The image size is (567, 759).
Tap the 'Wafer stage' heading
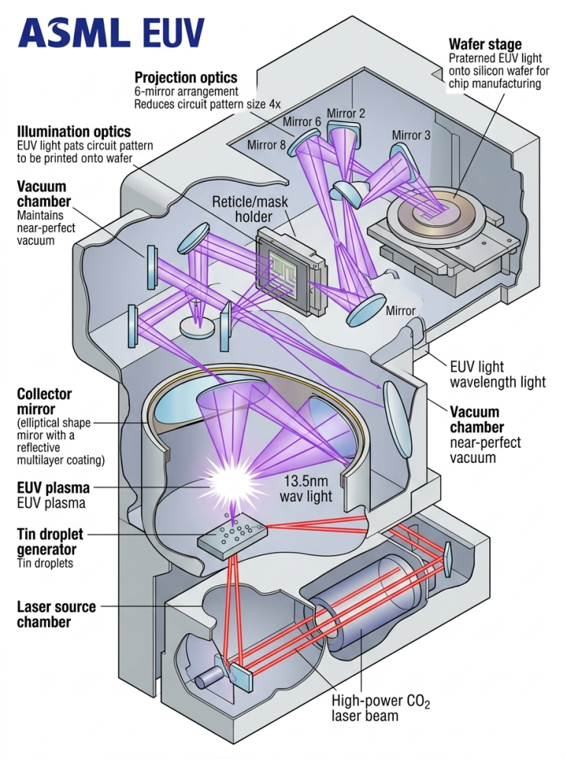(485, 44)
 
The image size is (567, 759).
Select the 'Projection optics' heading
(185, 78)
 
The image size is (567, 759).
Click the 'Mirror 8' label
(266, 144)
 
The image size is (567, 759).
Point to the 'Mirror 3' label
(411, 134)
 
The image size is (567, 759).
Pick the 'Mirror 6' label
(301, 121)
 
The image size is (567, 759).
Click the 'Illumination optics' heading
(74, 132)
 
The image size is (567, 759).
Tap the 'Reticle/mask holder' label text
(250, 208)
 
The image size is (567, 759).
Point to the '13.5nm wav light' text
(306, 488)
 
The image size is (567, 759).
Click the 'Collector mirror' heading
(44, 401)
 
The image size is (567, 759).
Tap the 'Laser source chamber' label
(56, 614)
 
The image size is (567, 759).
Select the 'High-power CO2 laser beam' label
(381, 708)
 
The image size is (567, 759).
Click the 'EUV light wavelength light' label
(498, 375)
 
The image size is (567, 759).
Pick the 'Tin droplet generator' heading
(50, 542)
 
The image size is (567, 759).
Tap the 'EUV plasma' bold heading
(53, 487)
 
